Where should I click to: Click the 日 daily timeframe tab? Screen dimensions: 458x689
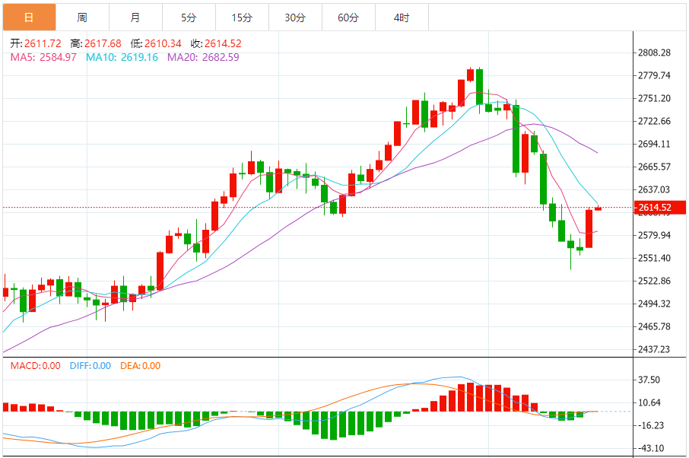[x=28, y=17]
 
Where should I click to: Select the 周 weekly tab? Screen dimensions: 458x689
[x=82, y=17]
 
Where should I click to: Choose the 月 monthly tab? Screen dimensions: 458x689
[x=135, y=17]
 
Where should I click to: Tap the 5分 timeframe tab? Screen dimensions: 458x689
[x=189, y=17]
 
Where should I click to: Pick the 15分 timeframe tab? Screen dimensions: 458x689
[x=242, y=17]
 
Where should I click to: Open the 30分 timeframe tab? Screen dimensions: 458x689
[x=295, y=17]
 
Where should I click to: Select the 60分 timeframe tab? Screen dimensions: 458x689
[x=348, y=17]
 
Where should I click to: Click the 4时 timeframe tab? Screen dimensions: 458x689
[x=402, y=17]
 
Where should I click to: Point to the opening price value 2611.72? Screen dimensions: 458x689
[x=43, y=43]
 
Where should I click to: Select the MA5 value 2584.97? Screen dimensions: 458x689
[x=58, y=57]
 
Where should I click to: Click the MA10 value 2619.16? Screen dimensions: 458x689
[x=140, y=57]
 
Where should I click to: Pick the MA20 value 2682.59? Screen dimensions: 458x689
[x=221, y=57]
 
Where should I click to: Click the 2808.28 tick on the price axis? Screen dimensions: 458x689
[x=656, y=52]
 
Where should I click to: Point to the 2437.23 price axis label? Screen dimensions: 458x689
[x=656, y=349]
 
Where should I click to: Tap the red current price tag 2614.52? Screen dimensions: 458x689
[x=655, y=208]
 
